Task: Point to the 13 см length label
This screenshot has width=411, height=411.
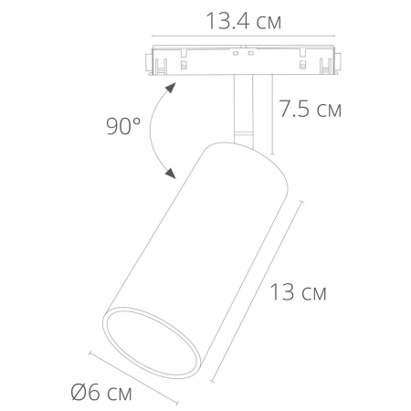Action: click(297, 293)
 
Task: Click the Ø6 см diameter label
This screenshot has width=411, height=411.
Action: click(101, 394)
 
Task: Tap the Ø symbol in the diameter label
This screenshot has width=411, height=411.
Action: click(79, 394)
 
